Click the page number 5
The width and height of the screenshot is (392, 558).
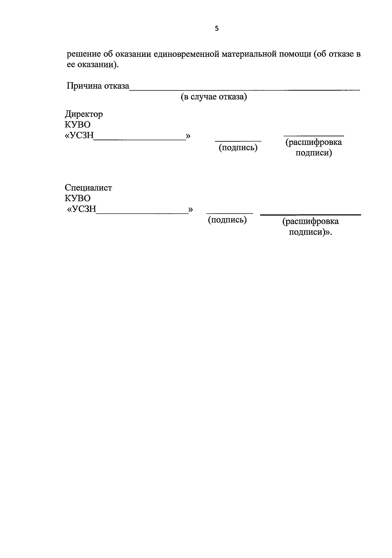tap(217, 29)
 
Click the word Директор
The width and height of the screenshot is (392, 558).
tap(84, 114)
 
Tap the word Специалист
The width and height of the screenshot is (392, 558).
tap(89, 188)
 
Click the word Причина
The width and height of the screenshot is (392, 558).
tap(84, 86)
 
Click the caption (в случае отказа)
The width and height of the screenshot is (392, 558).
tap(214, 97)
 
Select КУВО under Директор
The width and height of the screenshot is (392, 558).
tap(78, 125)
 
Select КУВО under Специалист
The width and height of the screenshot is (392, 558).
tap(78, 198)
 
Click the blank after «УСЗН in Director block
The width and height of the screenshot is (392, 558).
tap(140, 139)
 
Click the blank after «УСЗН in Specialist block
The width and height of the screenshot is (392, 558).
tap(142, 213)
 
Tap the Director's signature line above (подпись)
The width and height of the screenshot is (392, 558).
tap(238, 141)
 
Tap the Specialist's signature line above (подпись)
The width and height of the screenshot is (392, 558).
tap(230, 213)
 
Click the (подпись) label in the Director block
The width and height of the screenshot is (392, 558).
tap(238, 148)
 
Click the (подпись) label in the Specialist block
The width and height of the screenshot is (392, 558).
tap(227, 220)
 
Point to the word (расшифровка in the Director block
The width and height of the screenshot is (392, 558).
tap(314, 142)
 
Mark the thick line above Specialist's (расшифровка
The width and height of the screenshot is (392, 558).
tap(310, 215)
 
